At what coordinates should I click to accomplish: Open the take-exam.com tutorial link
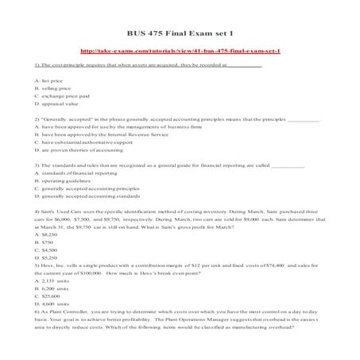click(x=180, y=49)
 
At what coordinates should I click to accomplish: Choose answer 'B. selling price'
click(x=54, y=88)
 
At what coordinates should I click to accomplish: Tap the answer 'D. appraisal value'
click(x=58, y=104)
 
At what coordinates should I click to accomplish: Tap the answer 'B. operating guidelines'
click(x=67, y=181)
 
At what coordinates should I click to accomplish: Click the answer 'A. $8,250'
click(x=45, y=235)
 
